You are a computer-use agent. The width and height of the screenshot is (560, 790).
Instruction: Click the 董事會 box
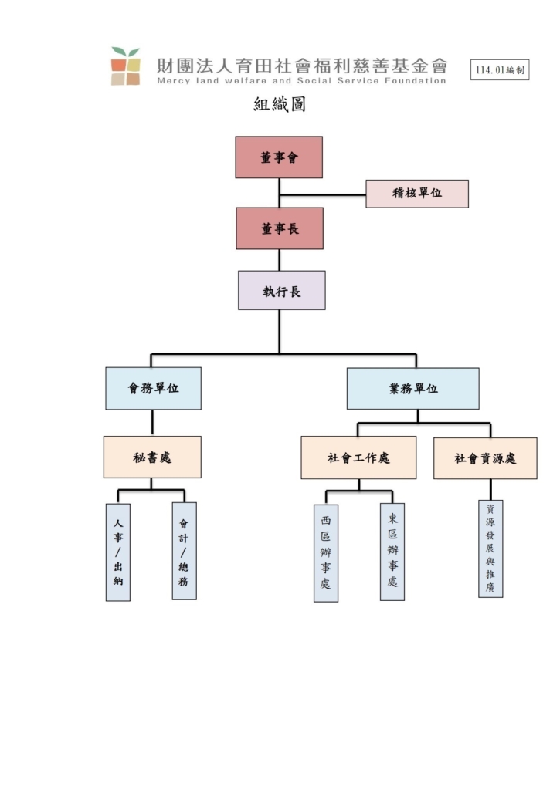pos(279,157)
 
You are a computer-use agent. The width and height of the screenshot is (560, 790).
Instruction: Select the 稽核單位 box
pos(417,194)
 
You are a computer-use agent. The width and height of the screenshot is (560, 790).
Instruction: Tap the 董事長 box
pos(280,228)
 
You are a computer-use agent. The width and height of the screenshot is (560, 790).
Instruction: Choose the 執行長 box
pos(281,290)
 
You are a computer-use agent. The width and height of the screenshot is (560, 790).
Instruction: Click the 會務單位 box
pos(154,388)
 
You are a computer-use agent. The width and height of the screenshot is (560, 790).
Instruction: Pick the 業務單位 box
pos(412,389)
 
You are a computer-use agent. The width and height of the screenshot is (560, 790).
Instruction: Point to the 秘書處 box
pos(152,457)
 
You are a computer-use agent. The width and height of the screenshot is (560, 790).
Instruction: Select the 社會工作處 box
pos(358,457)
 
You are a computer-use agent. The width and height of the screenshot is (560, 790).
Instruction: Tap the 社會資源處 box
pos(485,458)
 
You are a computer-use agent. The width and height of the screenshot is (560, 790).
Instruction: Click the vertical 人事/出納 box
pos(118,552)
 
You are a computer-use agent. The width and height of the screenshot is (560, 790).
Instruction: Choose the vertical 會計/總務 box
pos(184,551)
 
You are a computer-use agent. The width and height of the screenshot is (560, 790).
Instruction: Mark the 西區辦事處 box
pos(326,553)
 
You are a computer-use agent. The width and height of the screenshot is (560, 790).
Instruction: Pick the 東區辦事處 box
pos(392,552)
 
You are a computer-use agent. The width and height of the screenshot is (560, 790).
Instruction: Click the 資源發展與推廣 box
pos(491,549)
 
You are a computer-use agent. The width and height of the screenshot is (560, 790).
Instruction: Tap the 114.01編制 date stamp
pos(500,70)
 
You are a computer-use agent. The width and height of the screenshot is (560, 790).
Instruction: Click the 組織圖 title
pos(280,104)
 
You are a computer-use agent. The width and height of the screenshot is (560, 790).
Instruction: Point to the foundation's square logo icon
pos(126,66)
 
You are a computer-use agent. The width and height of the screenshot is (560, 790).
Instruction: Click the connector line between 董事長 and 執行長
pos(280,260)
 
